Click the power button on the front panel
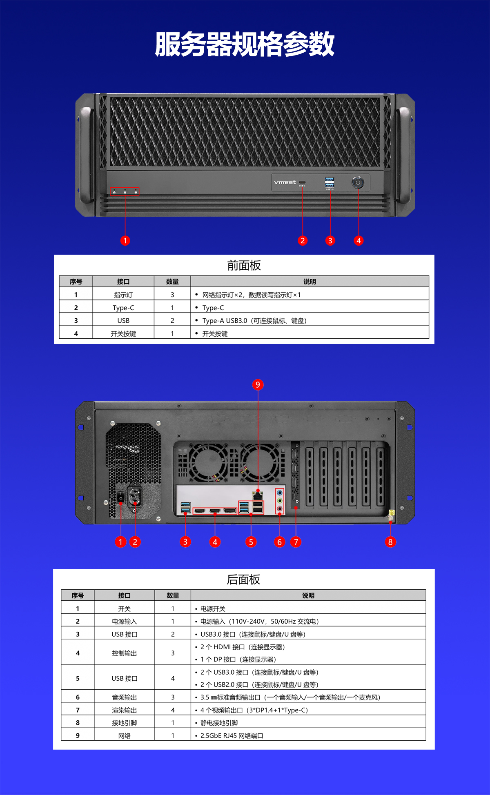coord(358,182)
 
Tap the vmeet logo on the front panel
coord(285,182)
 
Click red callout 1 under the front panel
coord(125,241)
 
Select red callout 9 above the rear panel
coord(258,384)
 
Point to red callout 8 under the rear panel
coord(390,542)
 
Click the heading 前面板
coord(244,266)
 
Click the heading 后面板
coord(243,580)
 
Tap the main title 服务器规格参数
coord(245,44)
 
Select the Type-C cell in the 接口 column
coord(123,308)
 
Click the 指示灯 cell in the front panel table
coord(123,295)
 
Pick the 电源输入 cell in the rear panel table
coord(125,622)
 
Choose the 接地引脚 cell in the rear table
coord(125,723)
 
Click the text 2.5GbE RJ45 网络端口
coord(232,736)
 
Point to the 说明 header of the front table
coord(310,282)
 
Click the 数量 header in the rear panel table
coord(173,595)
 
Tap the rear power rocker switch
coord(121,497)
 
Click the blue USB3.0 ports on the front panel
coord(330,182)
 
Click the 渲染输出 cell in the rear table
coord(125,710)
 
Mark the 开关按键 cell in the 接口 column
coord(123,334)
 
